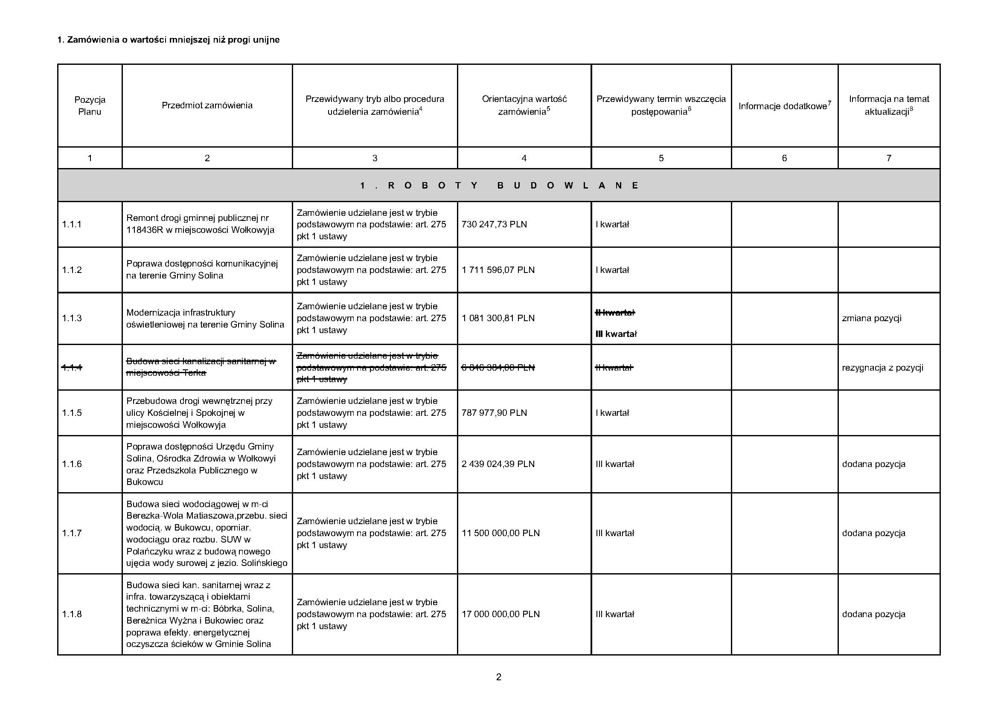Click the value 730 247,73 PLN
pyautogui.click(x=494, y=225)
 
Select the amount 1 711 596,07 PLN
pyautogui.click(x=498, y=270)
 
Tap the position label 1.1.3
pyautogui.click(x=72, y=319)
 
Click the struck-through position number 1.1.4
pyautogui.click(x=72, y=368)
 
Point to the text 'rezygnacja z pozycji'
pyautogui.click(x=882, y=368)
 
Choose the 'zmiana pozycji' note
pyautogui.click(x=872, y=319)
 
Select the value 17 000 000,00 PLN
pyautogui.click(x=500, y=614)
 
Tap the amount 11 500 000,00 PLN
pyautogui.click(x=500, y=534)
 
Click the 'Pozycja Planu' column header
pyautogui.click(x=90, y=105)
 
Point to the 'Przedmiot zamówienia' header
pyautogui.click(x=207, y=105)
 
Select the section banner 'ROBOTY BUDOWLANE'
pyautogui.click(x=498, y=186)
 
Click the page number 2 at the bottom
pyautogui.click(x=498, y=677)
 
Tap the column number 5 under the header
pyautogui.click(x=660, y=158)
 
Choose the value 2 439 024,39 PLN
pyautogui.click(x=498, y=464)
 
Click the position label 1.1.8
pyautogui.click(x=72, y=614)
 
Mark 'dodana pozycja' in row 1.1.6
pyautogui.click(x=874, y=464)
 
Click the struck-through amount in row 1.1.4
pyautogui.click(x=498, y=368)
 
